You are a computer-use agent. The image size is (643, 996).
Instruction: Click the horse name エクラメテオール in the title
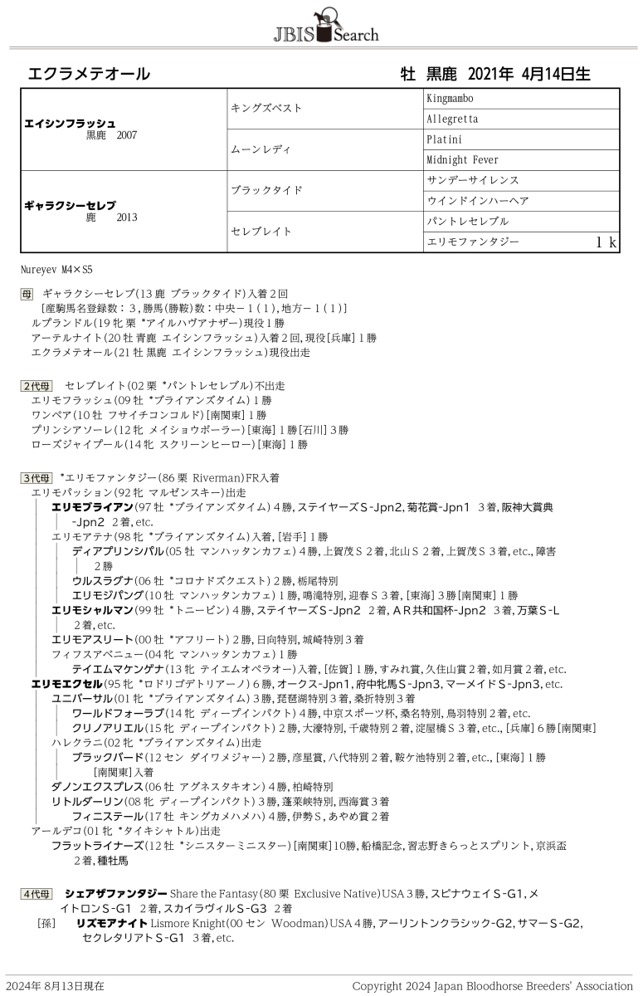90,74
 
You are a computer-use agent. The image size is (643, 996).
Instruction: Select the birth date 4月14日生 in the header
557,74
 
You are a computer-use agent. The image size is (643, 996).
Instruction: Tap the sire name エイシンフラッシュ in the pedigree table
70,123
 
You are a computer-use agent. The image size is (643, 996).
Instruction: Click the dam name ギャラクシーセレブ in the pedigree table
70,205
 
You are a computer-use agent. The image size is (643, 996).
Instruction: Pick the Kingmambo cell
450,99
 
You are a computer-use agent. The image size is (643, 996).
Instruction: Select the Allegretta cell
452,120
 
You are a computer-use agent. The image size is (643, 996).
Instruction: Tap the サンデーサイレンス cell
472,180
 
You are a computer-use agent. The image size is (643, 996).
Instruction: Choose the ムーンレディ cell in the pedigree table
261,149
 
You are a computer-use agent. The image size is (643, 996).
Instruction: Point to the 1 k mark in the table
606,242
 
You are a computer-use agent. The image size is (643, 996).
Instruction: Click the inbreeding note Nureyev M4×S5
57,270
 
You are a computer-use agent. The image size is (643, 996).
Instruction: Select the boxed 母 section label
27,294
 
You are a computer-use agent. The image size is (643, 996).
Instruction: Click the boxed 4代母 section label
37,894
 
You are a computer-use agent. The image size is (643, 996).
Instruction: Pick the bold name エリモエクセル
65,684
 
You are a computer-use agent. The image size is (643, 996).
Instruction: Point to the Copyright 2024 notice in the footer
492,986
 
